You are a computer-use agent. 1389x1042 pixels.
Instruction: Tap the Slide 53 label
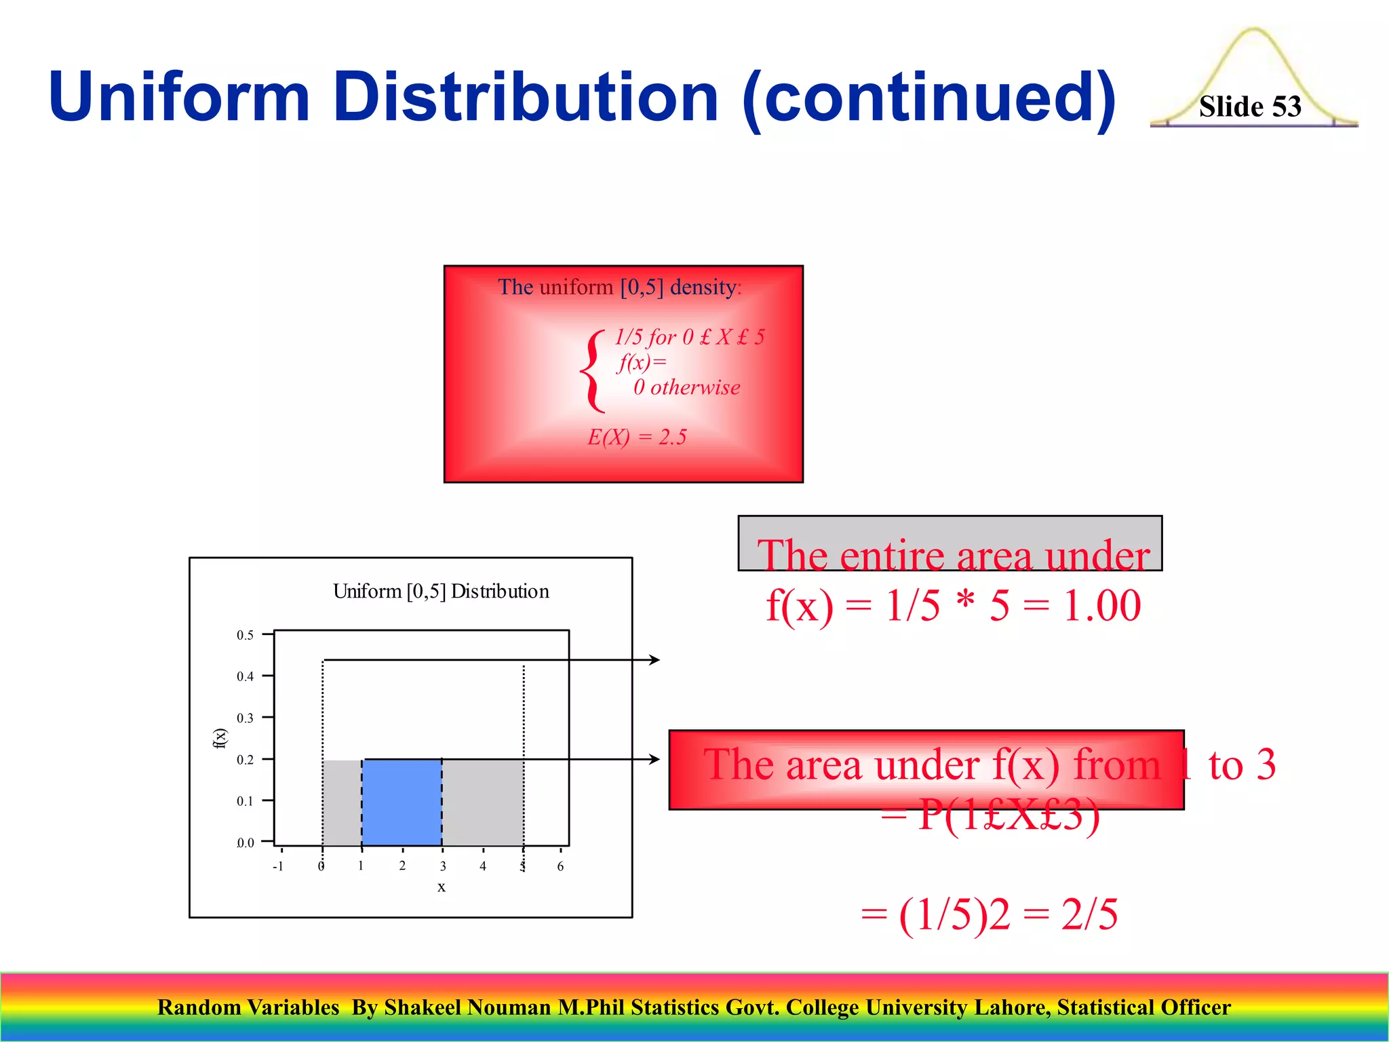1249,107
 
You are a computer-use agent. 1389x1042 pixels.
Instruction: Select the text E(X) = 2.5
637,437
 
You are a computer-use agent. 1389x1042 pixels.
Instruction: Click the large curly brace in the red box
592,371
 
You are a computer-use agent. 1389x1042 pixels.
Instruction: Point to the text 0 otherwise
686,387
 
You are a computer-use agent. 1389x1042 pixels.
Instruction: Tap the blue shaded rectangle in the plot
402,802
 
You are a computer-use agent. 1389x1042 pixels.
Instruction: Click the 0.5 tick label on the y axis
245,635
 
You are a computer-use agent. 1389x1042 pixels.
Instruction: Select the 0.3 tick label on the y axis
245,718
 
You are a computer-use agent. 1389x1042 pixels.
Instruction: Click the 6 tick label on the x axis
560,866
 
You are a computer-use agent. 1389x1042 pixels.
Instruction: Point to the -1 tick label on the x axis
277,866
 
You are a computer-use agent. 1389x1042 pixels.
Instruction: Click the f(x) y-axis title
220,738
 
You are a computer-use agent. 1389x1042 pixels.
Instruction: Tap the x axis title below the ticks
442,887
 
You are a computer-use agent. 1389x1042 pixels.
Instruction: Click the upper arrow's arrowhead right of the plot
654,659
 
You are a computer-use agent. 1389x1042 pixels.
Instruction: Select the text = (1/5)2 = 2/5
989,914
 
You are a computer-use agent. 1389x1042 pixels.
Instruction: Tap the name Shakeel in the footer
423,1007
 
